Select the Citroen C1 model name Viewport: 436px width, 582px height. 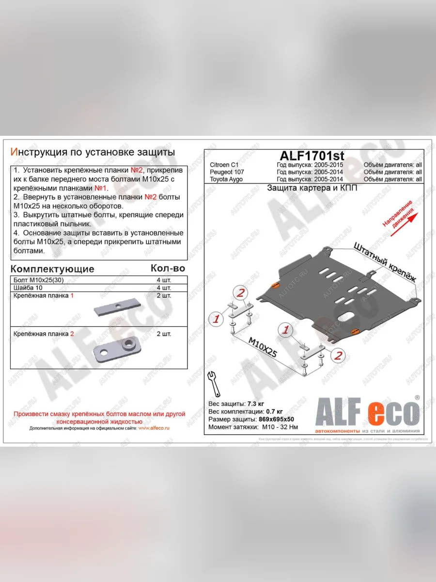click(x=225, y=165)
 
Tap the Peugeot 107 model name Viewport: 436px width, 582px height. click(x=227, y=172)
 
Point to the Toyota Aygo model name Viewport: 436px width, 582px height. click(x=226, y=179)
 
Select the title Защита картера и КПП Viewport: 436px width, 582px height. click(x=312, y=188)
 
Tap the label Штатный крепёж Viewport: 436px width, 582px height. click(x=385, y=262)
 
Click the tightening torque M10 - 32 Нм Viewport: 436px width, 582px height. click(x=280, y=427)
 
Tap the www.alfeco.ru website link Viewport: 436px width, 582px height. click(x=153, y=428)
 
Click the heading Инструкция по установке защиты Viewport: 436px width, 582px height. click(x=93, y=152)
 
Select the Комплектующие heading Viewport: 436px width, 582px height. click(x=52, y=269)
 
